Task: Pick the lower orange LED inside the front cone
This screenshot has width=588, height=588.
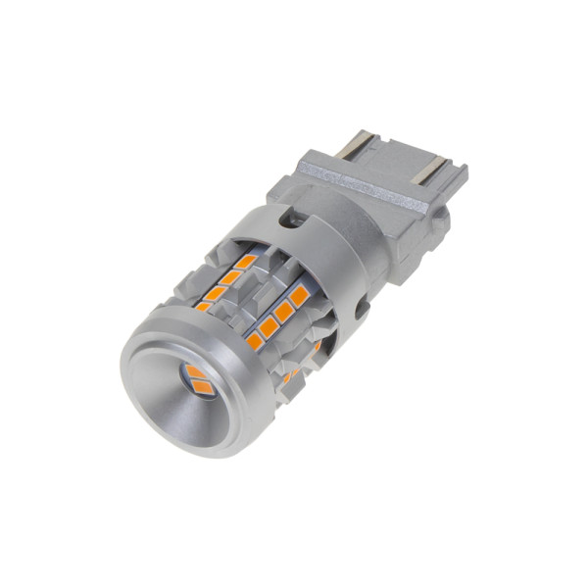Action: tap(204, 387)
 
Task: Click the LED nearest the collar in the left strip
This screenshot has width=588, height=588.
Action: tap(245, 262)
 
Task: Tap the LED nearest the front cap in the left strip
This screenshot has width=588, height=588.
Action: tap(204, 306)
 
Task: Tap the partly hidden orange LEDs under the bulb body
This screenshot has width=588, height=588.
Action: tap(294, 370)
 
